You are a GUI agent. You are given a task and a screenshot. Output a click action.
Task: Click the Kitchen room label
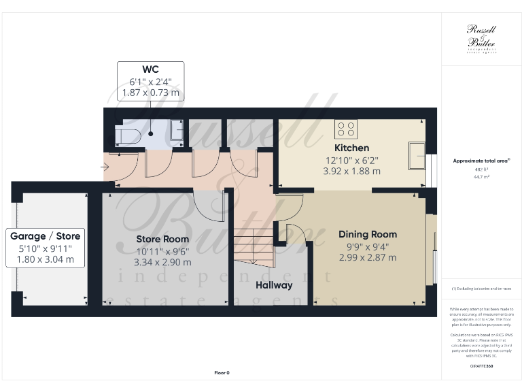point(351,148)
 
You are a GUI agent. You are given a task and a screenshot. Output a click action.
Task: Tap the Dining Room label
point(368,234)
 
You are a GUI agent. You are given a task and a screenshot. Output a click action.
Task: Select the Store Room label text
point(162,239)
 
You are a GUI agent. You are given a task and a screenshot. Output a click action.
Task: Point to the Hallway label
point(274,285)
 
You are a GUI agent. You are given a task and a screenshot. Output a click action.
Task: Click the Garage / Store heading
point(46,236)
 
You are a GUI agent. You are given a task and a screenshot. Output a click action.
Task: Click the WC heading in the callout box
point(150,69)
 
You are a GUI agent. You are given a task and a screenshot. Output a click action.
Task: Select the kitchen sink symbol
point(415,156)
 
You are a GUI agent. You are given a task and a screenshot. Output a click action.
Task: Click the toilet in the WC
point(128,136)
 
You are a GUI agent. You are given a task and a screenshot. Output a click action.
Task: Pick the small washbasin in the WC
point(176,129)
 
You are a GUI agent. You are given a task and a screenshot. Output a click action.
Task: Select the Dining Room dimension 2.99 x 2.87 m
point(368,257)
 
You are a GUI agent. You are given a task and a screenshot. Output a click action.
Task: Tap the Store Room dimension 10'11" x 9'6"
point(163,250)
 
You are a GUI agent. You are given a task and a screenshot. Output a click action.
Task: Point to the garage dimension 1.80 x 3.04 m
point(46,259)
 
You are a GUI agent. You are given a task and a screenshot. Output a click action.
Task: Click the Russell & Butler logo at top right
point(481,39)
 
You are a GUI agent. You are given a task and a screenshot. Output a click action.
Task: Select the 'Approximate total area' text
point(481,161)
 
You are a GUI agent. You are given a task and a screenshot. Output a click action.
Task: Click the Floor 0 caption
point(222,373)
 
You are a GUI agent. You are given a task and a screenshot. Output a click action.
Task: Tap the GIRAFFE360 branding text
point(481,366)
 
